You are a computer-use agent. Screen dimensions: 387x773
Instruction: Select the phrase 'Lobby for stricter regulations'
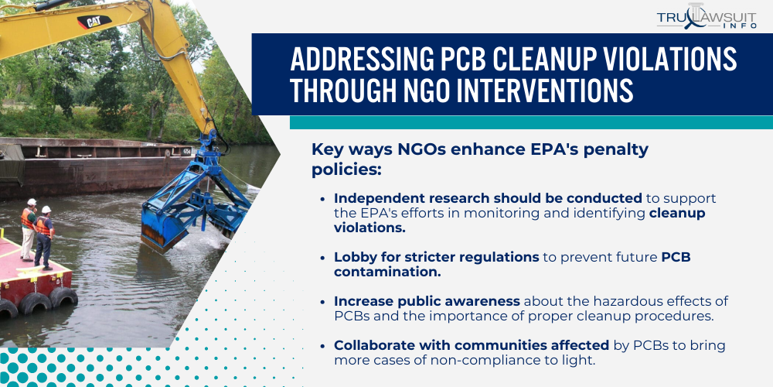pyautogui.click(x=436, y=256)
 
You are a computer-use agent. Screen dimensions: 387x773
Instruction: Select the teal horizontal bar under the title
pyautogui.click(x=531, y=122)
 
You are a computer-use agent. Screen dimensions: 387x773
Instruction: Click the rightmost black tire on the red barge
pyautogui.click(x=63, y=297)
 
